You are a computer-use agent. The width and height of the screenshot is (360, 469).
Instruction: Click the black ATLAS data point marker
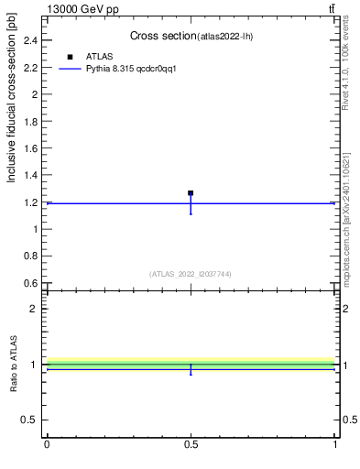click(191, 193)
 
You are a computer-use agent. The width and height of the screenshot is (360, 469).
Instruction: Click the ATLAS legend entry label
click(99, 56)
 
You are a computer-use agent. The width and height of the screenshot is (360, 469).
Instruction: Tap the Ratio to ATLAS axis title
click(14, 364)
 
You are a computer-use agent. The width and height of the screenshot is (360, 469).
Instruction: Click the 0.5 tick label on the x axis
click(191, 444)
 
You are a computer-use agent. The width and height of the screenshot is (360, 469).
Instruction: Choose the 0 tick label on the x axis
click(47, 444)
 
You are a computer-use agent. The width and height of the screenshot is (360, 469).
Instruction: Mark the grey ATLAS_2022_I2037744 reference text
click(191, 274)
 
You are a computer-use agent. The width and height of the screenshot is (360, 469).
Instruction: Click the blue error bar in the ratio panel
click(191, 369)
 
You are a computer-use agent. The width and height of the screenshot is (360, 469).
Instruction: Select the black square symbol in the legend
click(71, 56)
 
